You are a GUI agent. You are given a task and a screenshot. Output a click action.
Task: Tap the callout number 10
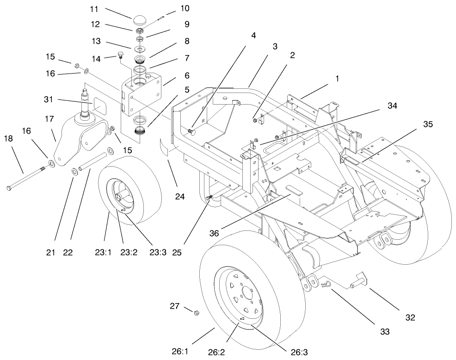tap(172, 8)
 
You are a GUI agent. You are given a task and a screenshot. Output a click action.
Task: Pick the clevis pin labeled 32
tap(358, 281)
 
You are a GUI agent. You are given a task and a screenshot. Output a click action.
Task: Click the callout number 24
tap(179, 197)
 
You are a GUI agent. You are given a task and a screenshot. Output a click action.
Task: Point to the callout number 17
tap(49, 118)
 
